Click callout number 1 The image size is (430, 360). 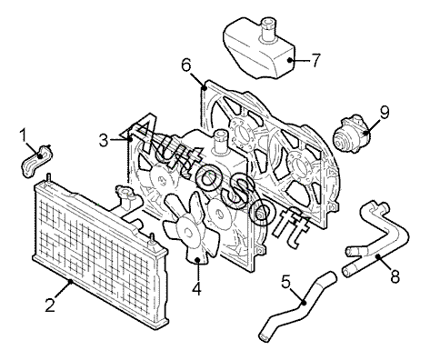point(24,136)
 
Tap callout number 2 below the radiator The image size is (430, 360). point(51,305)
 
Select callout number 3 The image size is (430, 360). point(104,140)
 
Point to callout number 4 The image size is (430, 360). point(196,288)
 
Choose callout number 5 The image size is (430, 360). point(285,282)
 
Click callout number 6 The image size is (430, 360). point(186,65)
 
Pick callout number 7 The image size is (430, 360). point(315,60)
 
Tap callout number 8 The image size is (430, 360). point(395,276)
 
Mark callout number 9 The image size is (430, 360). point(385,113)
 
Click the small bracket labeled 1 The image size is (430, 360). point(36,161)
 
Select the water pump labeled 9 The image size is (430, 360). point(351,134)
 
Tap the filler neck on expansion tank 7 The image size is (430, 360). point(268,29)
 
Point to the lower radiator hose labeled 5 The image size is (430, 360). point(298,306)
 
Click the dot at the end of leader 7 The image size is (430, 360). point(290,60)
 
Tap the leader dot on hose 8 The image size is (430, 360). point(378,256)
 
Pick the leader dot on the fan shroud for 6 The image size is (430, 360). point(205,88)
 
